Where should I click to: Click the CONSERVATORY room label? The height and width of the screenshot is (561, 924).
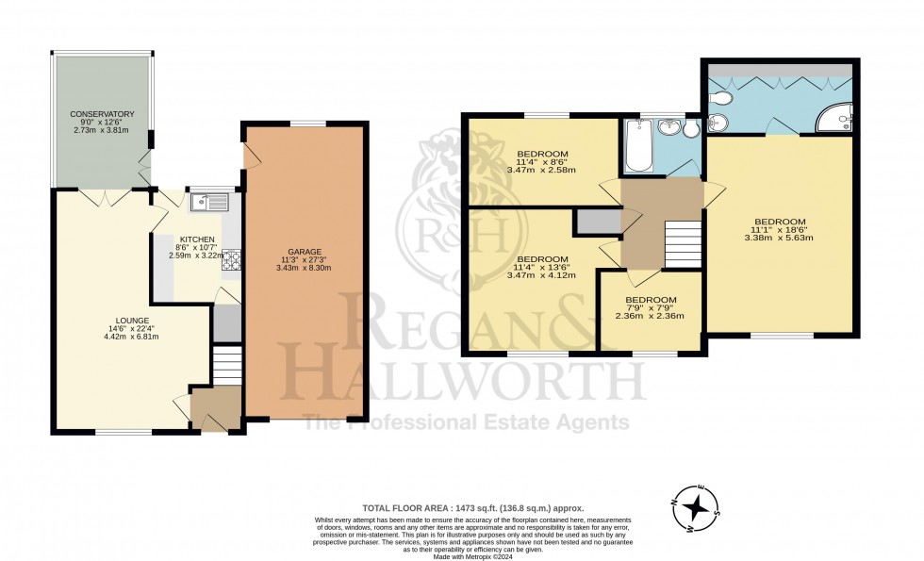pos(102,114)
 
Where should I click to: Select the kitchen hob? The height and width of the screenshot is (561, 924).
pos(230,259)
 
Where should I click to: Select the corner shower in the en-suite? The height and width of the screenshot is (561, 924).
pos(835,116)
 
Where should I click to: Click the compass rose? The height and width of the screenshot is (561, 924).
pos(696,508)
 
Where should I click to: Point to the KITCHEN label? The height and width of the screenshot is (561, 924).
pos(197,239)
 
